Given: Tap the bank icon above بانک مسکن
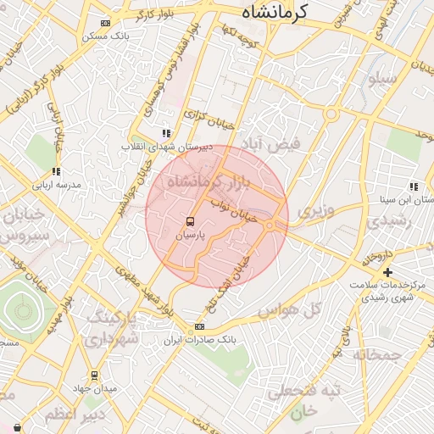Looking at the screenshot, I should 104,23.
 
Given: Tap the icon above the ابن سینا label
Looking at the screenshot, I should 413,186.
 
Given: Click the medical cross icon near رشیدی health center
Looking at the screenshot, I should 388,272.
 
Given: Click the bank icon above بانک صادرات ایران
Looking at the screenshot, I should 199,325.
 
